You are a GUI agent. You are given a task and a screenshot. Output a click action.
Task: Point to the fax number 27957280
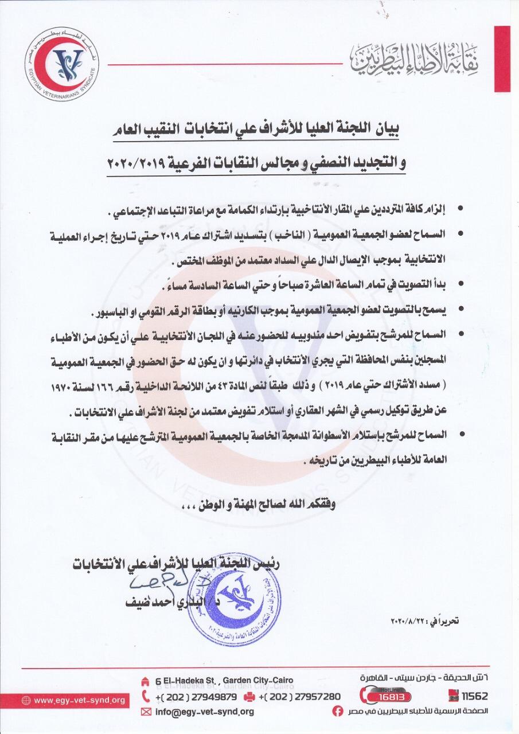coord(299,696)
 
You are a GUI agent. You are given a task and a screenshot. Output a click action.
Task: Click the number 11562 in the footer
coord(473,697)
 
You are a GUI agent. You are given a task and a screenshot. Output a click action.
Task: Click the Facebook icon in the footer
coord(339,712)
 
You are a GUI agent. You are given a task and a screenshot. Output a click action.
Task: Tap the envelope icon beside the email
coord(146,712)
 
